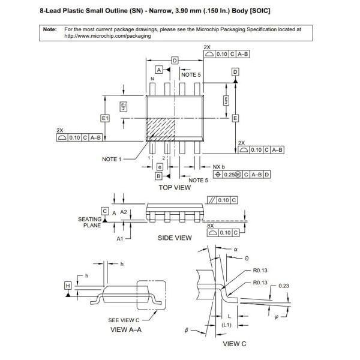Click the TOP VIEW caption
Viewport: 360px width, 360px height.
coord(175,188)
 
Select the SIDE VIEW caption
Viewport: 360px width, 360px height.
coord(175,238)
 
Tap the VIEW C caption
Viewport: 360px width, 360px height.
coord(235,344)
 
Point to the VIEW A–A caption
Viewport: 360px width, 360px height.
coord(126,329)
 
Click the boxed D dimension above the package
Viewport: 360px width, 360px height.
coord(175,61)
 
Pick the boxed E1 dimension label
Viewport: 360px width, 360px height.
coord(105,118)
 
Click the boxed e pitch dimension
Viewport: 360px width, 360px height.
coord(160,167)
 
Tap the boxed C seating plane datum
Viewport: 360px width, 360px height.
coord(105,211)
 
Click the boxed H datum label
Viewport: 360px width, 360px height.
coord(68,286)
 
